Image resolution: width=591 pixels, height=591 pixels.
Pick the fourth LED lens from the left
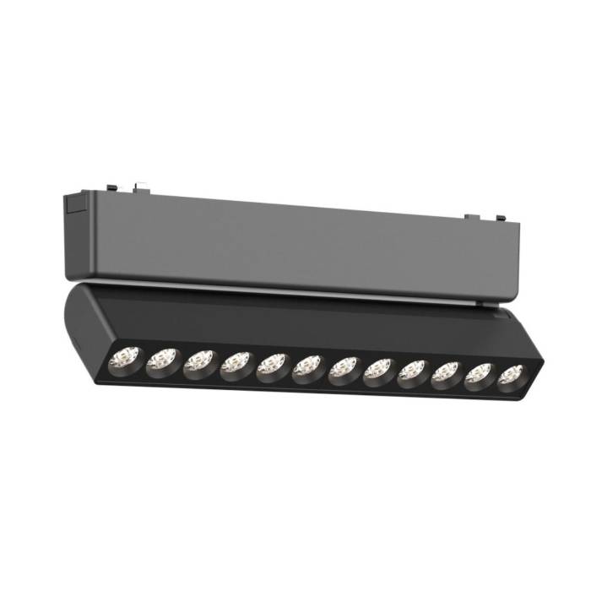[236, 365]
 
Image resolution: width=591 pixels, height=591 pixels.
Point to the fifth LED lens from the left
[273, 366]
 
